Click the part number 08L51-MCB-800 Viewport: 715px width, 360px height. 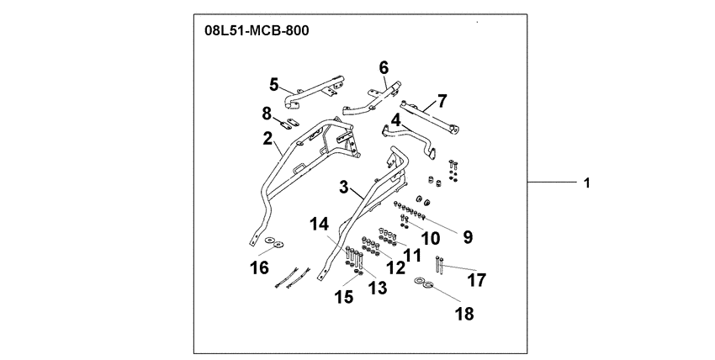257,32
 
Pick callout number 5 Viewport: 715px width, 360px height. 273,84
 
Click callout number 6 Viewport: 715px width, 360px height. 384,66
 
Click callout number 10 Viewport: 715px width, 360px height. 430,238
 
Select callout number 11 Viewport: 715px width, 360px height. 411,252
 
